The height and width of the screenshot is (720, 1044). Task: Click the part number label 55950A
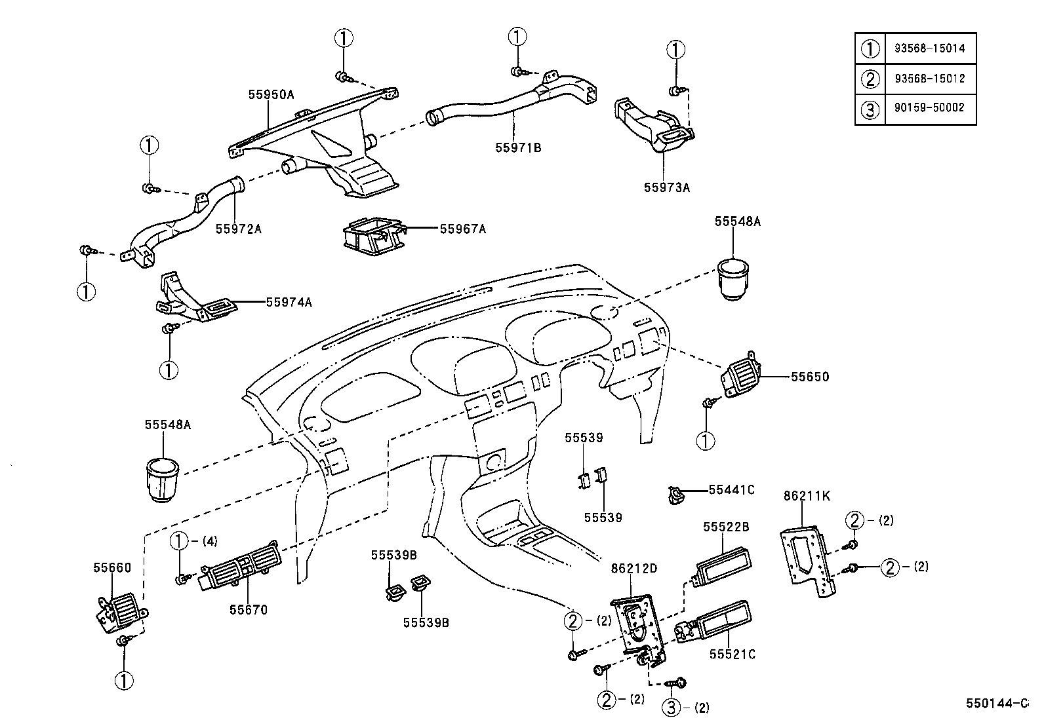pyautogui.click(x=271, y=94)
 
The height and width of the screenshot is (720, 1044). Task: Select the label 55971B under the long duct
pyautogui.click(x=518, y=147)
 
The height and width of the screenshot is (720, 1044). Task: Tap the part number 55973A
pyautogui.click(x=666, y=187)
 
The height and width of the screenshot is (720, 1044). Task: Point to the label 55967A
pyautogui.click(x=462, y=229)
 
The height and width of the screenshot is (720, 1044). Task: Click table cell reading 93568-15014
pyautogui.click(x=929, y=48)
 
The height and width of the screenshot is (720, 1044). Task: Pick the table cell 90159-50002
pyautogui.click(x=929, y=108)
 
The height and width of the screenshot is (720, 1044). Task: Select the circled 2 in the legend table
pyautogui.click(x=870, y=79)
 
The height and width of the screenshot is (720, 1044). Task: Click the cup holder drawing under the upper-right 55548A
pyautogui.click(x=736, y=278)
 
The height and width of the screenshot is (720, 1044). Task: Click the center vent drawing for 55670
pyautogui.click(x=239, y=567)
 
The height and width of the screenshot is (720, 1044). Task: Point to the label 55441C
pyautogui.click(x=731, y=489)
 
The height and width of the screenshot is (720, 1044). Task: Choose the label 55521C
pyautogui.click(x=733, y=654)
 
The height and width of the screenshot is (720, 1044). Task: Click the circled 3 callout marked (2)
pyautogui.click(x=670, y=708)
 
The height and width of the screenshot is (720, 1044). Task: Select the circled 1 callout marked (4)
pyautogui.click(x=179, y=541)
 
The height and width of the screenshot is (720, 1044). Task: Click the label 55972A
pyautogui.click(x=239, y=229)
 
